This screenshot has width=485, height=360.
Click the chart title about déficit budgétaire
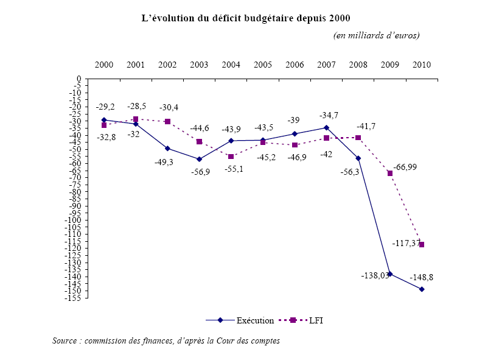pyautogui.click(x=246, y=18)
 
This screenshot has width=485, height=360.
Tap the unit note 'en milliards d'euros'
pyautogui.click(x=376, y=35)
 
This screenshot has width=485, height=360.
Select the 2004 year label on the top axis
pyautogui.click(x=231, y=65)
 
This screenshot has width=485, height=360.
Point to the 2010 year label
pyautogui.click(x=422, y=65)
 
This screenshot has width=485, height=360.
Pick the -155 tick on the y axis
pyautogui.click(x=75, y=297)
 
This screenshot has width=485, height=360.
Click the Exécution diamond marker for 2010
pyautogui.click(x=422, y=289)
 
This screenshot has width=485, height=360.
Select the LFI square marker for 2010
pyautogui.click(x=422, y=245)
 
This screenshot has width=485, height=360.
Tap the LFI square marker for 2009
pyautogui.click(x=390, y=174)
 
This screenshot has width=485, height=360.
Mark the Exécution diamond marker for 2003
pyautogui.click(x=199, y=160)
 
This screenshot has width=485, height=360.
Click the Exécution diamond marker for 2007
pyautogui.click(x=326, y=128)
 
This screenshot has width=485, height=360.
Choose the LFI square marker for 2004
pyautogui.click(x=231, y=157)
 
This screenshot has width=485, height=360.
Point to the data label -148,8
pyautogui.click(x=422, y=277)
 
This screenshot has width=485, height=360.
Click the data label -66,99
pyautogui.click(x=405, y=167)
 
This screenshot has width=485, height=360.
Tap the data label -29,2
pyautogui.click(x=105, y=107)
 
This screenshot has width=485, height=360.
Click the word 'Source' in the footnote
pyautogui.click(x=65, y=341)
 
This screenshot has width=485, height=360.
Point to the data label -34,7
pyautogui.click(x=329, y=116)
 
